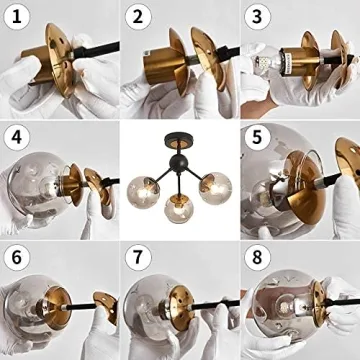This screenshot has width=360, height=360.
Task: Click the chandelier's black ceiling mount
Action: point(179,137)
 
